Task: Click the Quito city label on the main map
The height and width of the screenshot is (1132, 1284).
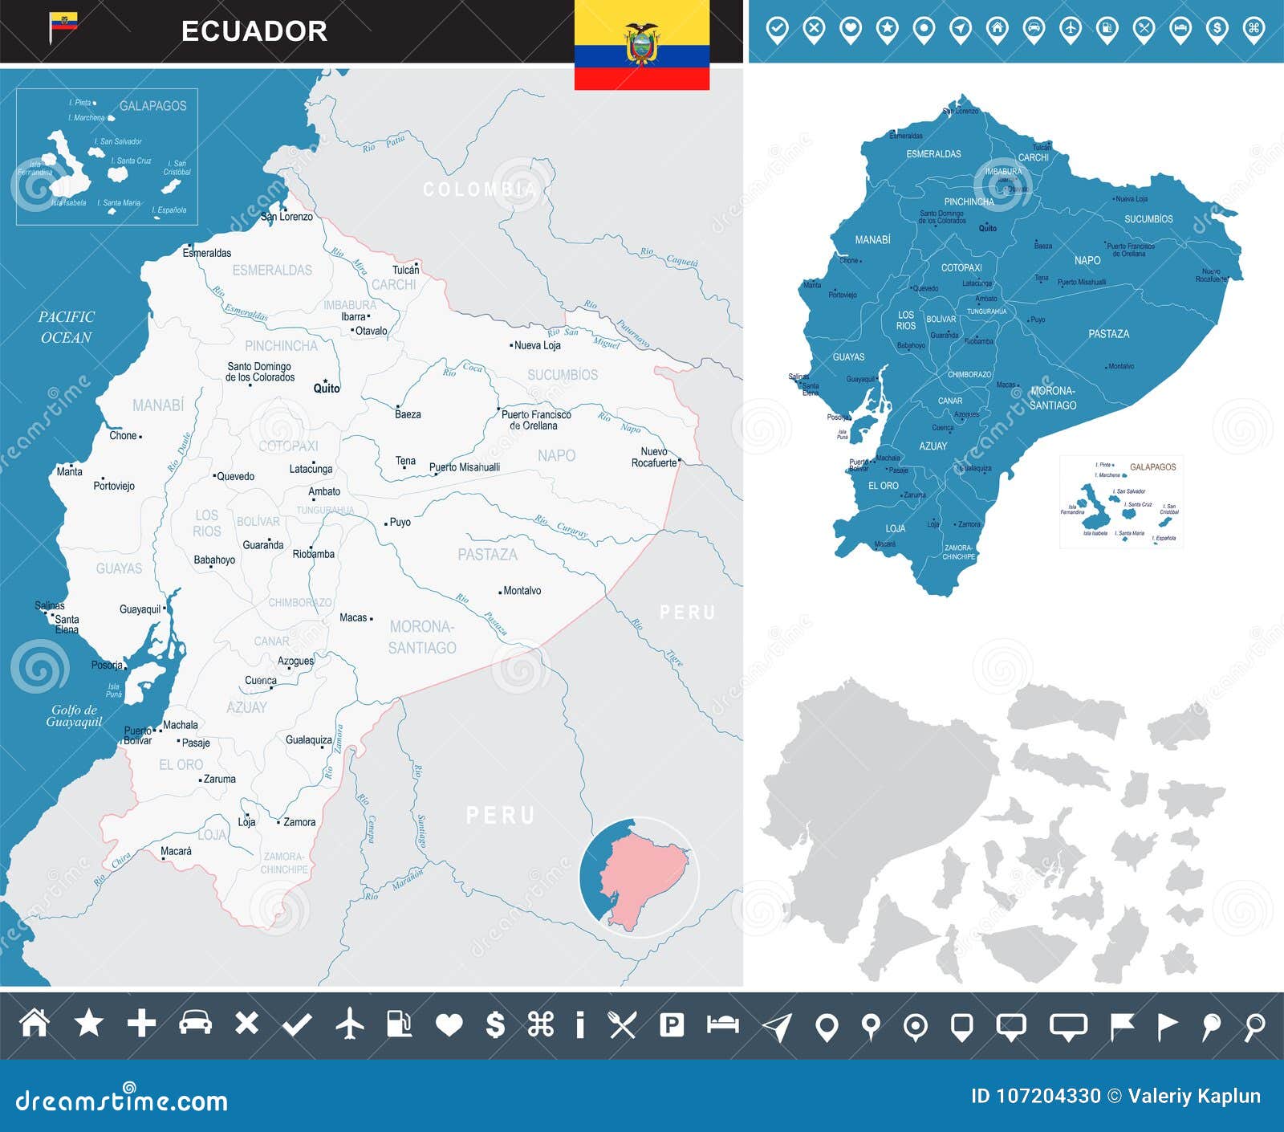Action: pos(327,389)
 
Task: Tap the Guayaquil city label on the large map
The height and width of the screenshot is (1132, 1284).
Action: pos(140,609)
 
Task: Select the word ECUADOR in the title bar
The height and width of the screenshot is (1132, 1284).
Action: pos(254,31)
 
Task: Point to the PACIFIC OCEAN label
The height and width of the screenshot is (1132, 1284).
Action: pos(66,328)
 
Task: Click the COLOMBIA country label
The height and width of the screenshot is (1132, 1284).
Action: pos(479,189)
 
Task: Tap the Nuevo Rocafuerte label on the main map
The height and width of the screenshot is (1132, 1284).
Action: pos(653,458)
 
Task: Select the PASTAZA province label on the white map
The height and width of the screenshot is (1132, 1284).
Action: pos(487,555)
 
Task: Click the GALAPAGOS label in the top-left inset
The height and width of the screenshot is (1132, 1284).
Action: pos(152,106)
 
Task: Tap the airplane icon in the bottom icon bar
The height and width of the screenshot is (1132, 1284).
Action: pos(349,1024)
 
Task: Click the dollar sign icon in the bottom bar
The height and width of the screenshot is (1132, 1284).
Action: pos(495,1024)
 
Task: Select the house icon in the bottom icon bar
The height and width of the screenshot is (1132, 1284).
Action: pos(35,1024)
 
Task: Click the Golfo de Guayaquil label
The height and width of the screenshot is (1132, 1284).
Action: pos(74,715)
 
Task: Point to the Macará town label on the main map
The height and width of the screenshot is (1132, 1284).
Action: pos(176,851)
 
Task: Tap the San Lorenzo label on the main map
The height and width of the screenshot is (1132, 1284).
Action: pos(286,217)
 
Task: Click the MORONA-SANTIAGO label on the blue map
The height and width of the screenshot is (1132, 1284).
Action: pos(1052,398)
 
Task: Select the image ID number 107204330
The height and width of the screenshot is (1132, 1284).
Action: pos(1047,1096)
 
